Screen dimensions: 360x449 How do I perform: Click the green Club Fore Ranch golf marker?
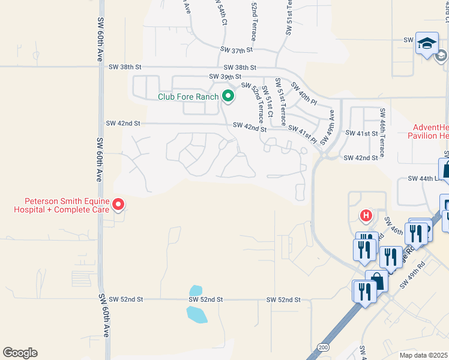[228, 96]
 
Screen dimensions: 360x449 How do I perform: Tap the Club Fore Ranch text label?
[188, 96]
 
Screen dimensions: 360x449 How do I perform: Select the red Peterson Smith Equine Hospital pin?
[118, 205]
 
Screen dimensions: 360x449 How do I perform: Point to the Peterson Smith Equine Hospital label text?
[67, 206]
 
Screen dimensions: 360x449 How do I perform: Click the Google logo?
[20, 353]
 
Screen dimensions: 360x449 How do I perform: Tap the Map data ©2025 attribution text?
[424, 355]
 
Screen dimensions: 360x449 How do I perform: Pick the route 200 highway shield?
[324, 347]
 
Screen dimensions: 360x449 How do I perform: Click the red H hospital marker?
[366, 215]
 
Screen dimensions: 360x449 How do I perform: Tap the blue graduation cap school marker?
[427, 44]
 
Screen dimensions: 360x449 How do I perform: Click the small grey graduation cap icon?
[441, 56]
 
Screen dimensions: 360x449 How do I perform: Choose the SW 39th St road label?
[224, 77]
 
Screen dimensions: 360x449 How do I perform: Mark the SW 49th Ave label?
[327, 127]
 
